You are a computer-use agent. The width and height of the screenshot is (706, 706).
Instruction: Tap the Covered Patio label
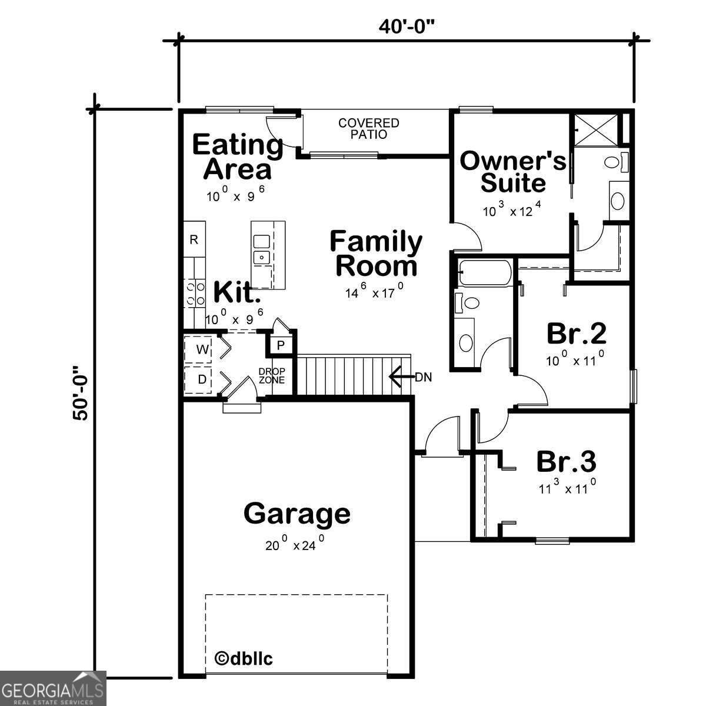click(x=368, y=128)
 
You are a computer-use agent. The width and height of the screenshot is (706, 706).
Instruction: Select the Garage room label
click(x=297, y=513)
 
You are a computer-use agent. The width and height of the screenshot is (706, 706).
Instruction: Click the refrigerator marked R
click(x=194, y=239)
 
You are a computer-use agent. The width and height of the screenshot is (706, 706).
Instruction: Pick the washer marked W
click(x=202, y=349)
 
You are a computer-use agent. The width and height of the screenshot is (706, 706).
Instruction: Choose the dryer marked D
click(x=202, y=379)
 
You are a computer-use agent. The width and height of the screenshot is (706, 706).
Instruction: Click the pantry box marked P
click(x=281, y=345)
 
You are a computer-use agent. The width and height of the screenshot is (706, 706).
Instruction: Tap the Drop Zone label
click(x=272, y=376)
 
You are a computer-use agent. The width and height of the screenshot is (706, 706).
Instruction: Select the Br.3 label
click(x=566, y=462)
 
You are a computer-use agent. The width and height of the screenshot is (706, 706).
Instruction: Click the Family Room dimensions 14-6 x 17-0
click(x=374, y=291)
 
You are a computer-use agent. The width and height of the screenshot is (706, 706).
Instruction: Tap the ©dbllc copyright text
click(x=244, y=658)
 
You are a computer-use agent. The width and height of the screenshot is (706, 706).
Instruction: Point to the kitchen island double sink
click(x=261, y=249)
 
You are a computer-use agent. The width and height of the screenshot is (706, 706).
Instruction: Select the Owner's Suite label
click(x=512, y=171)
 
